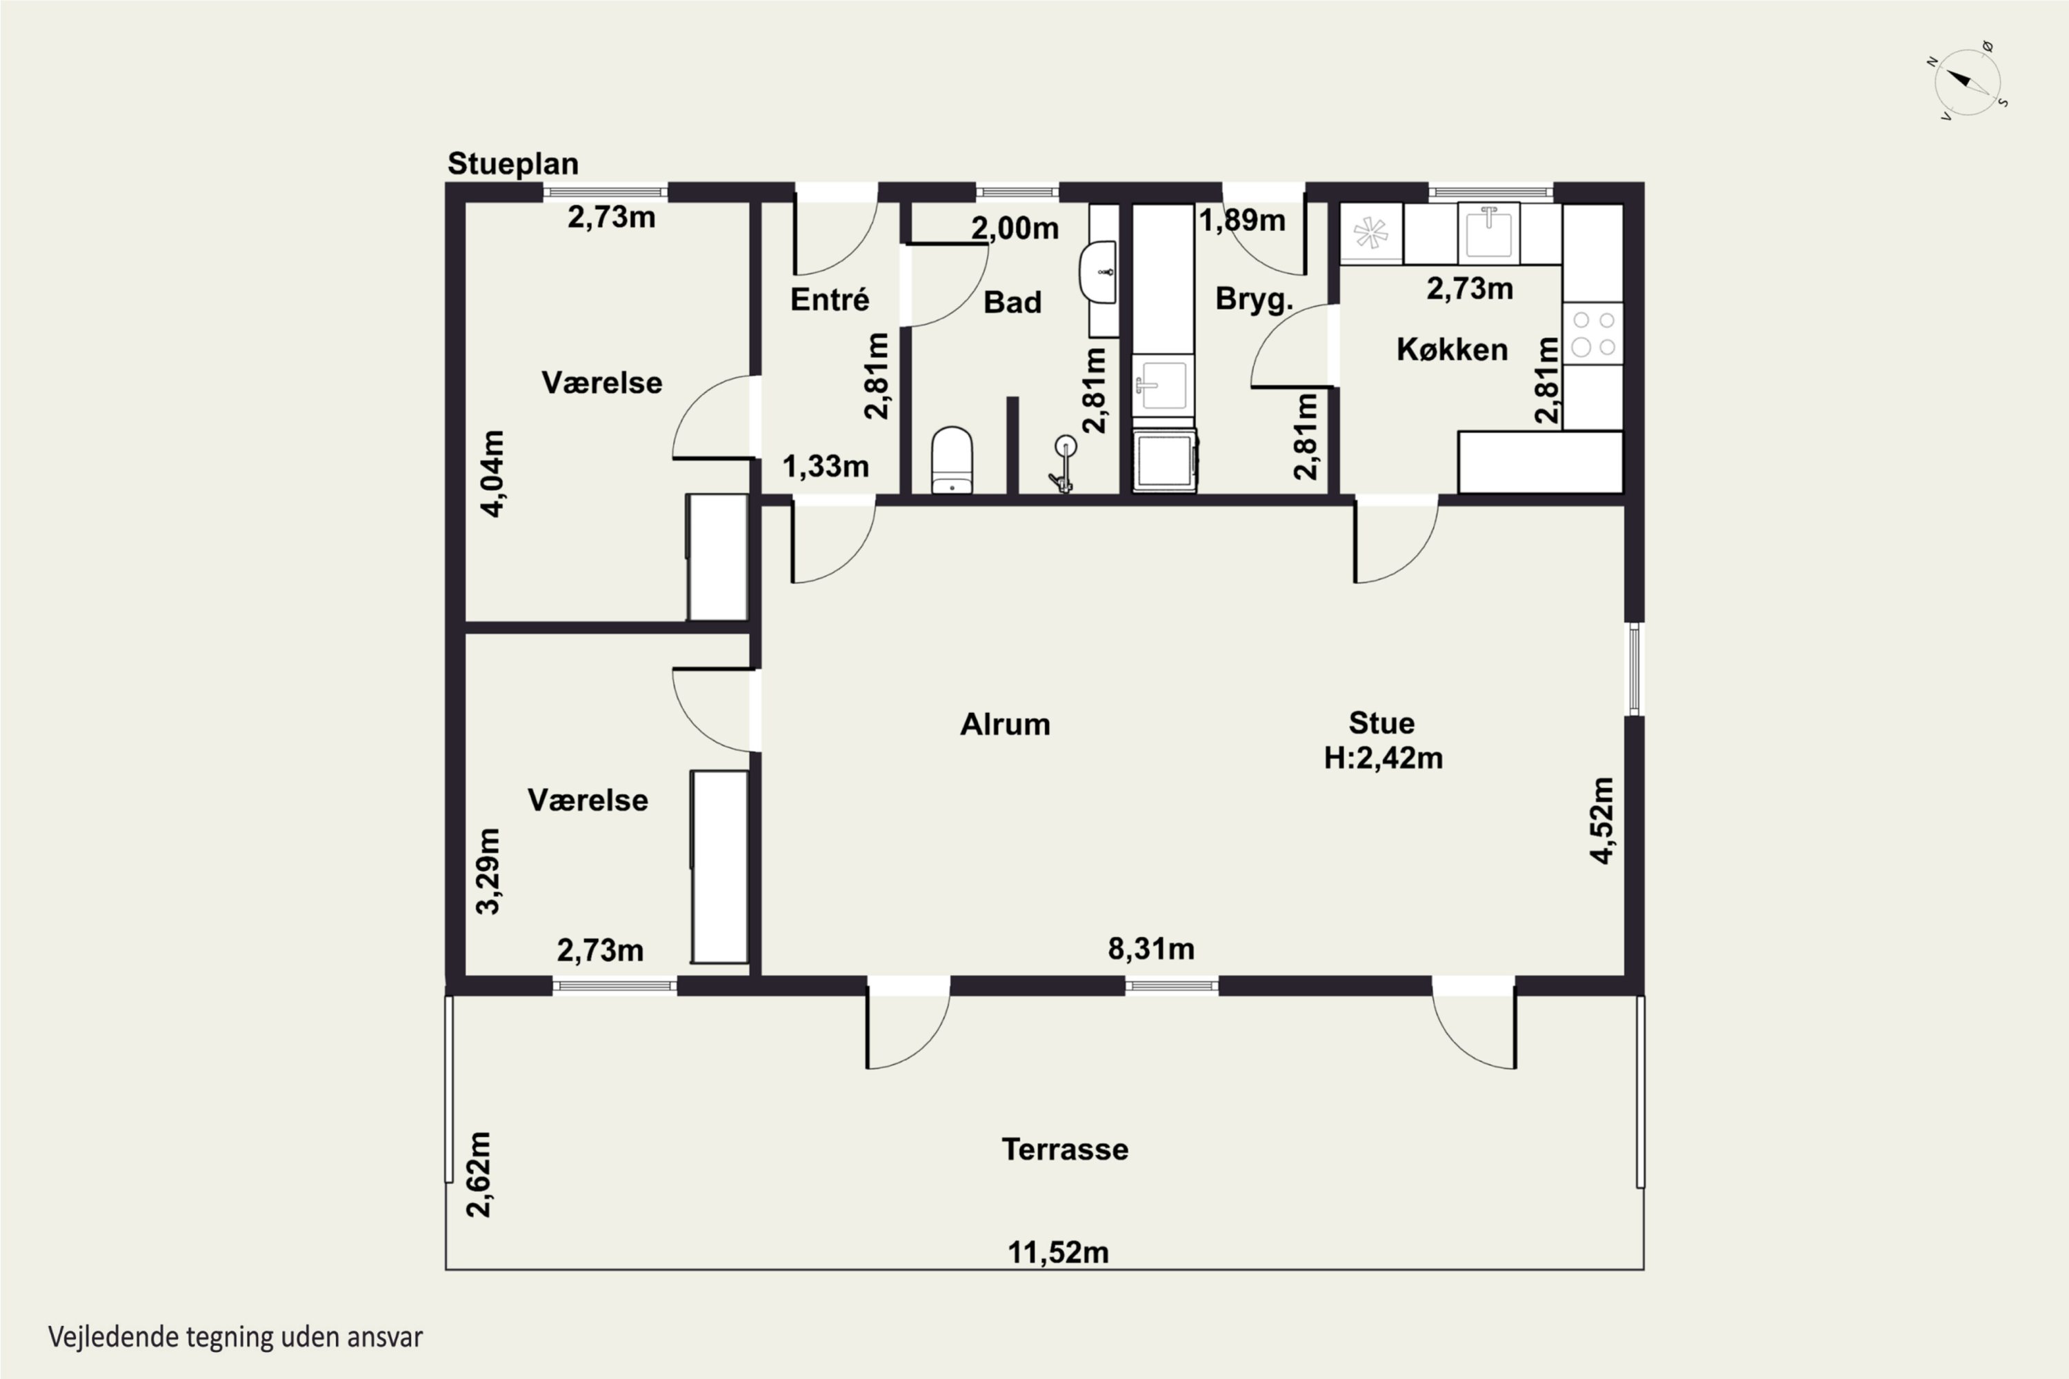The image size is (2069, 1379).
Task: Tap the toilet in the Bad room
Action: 952,460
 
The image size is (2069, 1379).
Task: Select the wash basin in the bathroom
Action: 1099,272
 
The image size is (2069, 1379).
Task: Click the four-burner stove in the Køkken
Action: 1593,334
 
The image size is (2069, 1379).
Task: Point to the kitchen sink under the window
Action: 1488,233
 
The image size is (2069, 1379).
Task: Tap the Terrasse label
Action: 1064,1149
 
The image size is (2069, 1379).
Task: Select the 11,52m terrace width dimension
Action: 1057,1252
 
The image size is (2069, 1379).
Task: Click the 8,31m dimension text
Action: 1150,949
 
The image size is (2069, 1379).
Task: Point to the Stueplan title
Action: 513,163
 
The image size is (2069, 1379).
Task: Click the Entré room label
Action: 830,299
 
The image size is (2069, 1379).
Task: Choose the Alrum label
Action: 1005,725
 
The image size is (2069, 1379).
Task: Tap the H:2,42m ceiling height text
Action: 1383,758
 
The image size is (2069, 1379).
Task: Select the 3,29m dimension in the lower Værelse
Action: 488,871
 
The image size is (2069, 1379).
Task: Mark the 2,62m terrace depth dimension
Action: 479,1174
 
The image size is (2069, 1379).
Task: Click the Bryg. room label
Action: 1255,300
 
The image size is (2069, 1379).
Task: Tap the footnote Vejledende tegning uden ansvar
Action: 236,1338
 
